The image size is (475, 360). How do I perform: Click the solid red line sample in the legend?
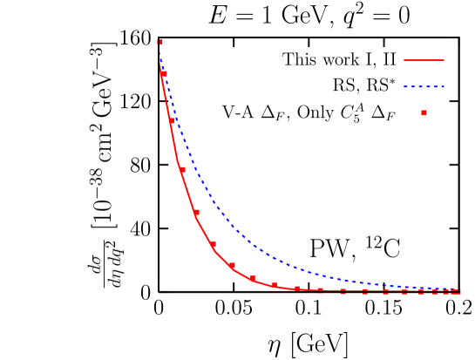424,61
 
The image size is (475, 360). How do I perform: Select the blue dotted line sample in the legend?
424,87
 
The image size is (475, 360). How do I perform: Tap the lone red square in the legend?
424,112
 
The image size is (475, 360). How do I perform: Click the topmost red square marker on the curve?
159,42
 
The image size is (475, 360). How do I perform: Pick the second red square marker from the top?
163,74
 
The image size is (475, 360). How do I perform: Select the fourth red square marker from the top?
182,170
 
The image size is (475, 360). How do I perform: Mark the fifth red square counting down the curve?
196,212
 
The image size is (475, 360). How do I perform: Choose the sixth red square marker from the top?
213,244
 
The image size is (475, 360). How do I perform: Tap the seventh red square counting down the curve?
231,266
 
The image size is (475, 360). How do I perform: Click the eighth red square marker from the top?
253,278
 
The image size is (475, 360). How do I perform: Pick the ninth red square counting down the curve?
275,284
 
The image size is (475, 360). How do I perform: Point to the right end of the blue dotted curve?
458,289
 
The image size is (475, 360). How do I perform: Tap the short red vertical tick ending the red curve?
460,291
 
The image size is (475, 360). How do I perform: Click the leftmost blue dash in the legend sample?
406,87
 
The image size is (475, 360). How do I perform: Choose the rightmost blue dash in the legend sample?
442,87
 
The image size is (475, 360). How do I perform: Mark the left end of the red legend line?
404,61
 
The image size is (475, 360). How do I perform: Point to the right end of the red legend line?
444,61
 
